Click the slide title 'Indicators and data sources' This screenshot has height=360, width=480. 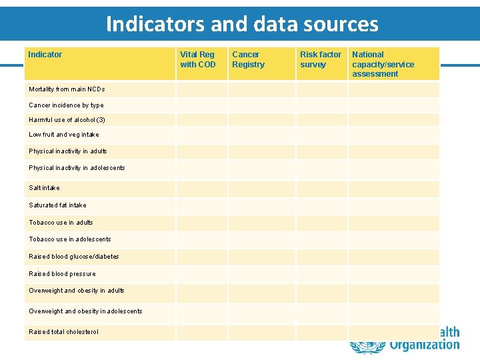pos(242,25)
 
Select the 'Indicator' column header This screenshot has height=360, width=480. pos(45,55)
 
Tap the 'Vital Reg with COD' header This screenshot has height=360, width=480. pos(198,59)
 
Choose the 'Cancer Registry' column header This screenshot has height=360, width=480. pos(248,59)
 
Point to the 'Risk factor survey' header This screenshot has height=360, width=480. pos(321,59)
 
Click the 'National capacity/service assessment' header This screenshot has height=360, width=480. pos(383,64)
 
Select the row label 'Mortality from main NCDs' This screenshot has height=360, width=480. pos(67,89)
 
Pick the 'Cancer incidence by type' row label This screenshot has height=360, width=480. pos(66,105)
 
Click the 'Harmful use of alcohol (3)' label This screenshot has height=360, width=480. pos(67,120)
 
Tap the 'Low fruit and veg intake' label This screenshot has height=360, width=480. pos(64,135)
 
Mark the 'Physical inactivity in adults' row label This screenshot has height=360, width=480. pos(68,151)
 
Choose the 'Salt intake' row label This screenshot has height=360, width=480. pos(44,188)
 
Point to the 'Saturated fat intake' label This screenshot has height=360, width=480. pos(57,205)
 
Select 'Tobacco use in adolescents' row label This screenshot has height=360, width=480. pos(70,239)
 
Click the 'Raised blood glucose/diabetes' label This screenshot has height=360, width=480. pos(74,257)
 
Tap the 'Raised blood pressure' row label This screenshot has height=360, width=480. pos(62,274)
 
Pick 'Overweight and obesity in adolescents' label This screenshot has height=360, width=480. pos(85,311)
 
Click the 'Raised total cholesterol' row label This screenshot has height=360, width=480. pos(63,332)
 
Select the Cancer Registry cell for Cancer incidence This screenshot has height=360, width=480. pos(261,105)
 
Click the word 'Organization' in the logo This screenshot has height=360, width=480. pos(424,345)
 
